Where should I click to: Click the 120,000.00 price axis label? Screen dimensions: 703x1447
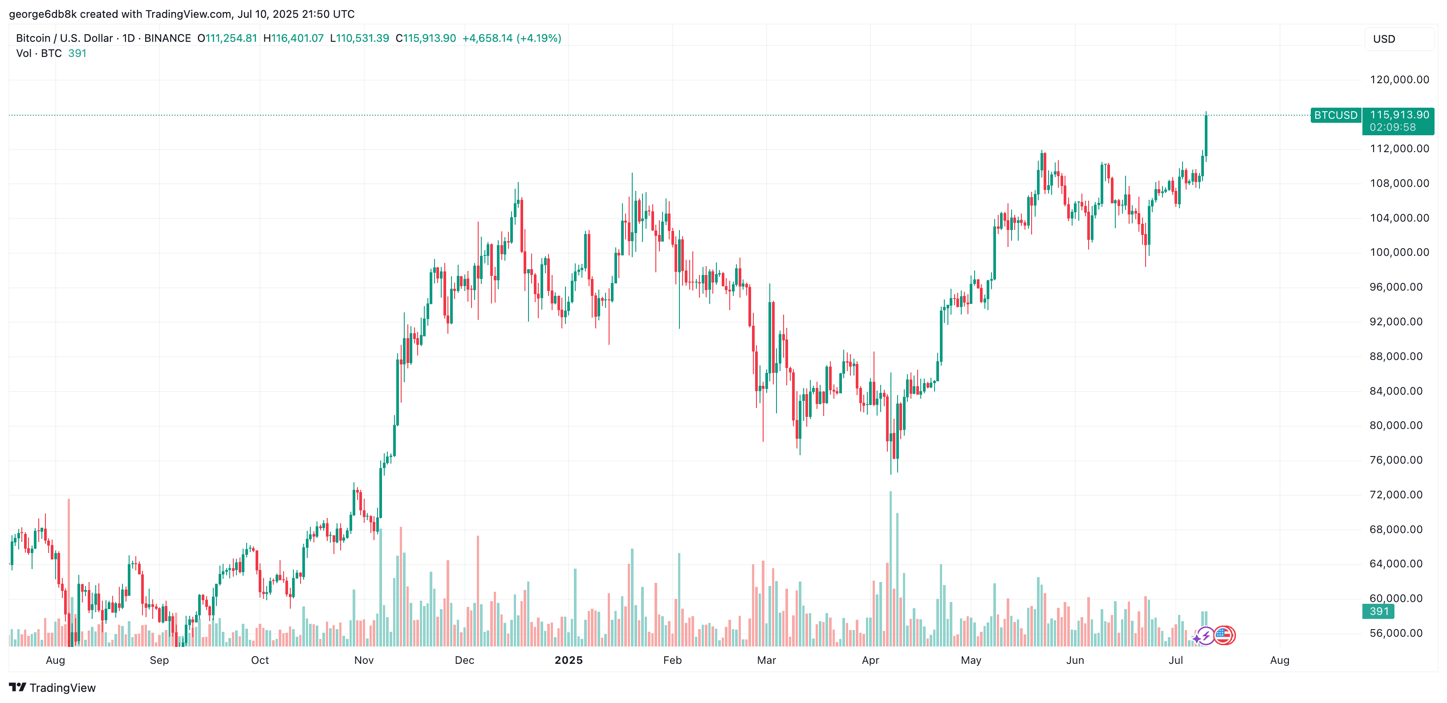coord(1398,80)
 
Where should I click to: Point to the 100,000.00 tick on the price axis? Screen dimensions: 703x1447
coord(1398,252)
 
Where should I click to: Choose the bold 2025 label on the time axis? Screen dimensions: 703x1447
coord(569,660)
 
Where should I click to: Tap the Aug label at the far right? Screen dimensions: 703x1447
coord(1279,660)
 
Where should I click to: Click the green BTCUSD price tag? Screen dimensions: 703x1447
coord(1335,115)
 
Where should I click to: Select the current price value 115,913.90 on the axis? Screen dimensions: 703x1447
coord(1398,114)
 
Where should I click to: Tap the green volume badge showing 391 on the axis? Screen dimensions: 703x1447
coord(1378,611)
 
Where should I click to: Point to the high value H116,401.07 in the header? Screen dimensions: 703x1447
coord(293,38)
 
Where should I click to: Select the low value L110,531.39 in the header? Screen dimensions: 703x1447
coord(359,38)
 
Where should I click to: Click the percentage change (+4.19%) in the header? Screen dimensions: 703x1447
coord(539,38)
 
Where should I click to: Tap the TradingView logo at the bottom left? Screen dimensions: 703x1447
coord(52,688)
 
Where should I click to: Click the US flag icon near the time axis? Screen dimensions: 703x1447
coord(1223,636)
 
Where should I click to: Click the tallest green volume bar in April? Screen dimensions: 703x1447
coord(890,567)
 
